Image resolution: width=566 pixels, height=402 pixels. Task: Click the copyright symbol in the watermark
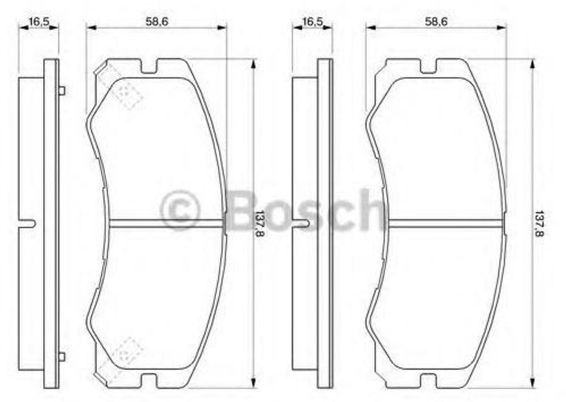[180, 210]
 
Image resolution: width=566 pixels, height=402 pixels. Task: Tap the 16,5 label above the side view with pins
[39, 22]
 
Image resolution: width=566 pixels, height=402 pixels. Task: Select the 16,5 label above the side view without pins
[312, 22]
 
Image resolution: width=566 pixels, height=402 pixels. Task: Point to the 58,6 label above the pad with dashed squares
[156, 22]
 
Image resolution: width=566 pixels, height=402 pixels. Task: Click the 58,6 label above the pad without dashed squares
[436, 22]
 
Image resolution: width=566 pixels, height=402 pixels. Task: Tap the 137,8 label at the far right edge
[539, 224]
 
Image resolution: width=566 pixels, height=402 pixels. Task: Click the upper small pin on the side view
[62, 91]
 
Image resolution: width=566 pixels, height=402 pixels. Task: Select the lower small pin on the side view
[62, 357]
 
